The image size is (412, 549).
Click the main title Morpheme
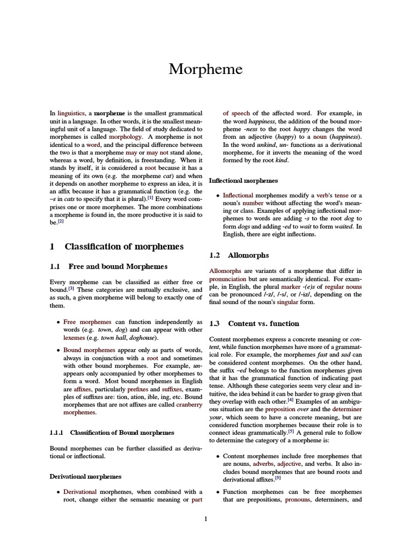tap(205, 69)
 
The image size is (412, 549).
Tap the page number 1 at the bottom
tap(205, 518)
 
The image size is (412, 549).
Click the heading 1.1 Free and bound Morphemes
tap(108, 266)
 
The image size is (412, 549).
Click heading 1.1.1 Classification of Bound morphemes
tap(112, 432)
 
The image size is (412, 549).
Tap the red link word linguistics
tap(71, 114)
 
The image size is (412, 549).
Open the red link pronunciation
tap(228, 279)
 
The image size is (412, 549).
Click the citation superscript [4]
tap(290, 399)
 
